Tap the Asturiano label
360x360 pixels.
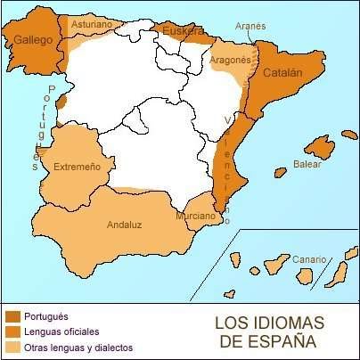(x=91, y=25)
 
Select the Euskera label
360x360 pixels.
(x=183, y=32)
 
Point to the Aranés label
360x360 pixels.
(x=251, y=27)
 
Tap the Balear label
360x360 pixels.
(x=306, y=165)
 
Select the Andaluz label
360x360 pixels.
(x=126, y=225)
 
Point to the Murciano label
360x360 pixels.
(x=194, y=217)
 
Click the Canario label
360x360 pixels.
(x=309, y=247)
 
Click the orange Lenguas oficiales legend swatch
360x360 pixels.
(x=13, y=331)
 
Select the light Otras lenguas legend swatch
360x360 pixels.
(x=13, y=347)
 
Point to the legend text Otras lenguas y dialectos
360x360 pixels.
(x=79, y=347)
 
